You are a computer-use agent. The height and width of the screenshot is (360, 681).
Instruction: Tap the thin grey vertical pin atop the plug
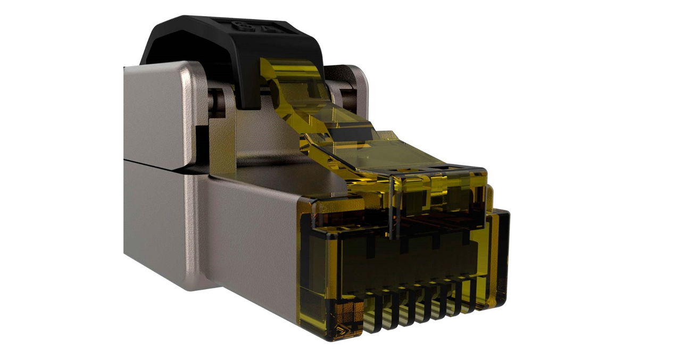pyautogui.click(x=392, y=207)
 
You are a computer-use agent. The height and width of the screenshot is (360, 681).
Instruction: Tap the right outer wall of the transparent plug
pyautogui.click(x=500, y=255)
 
